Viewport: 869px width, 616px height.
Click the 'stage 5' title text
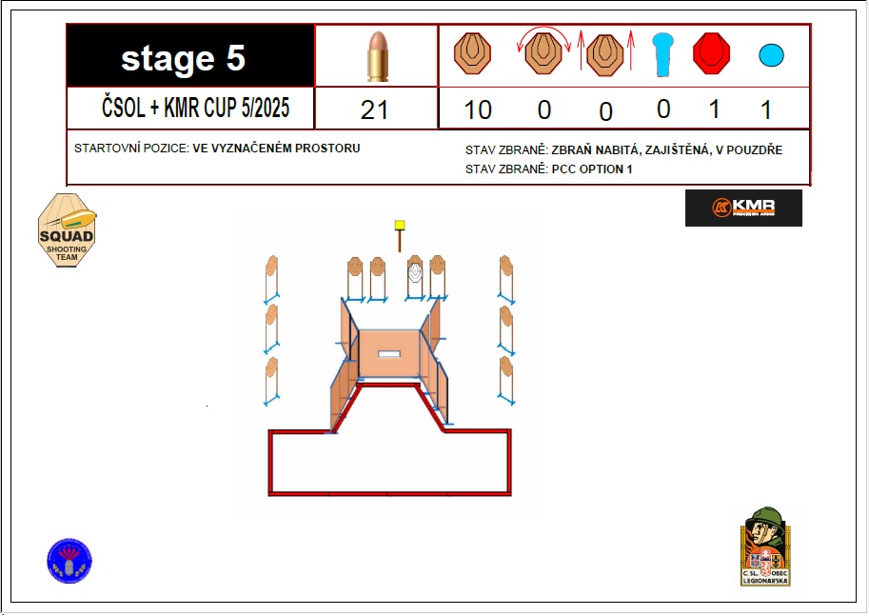(x=184, y=59)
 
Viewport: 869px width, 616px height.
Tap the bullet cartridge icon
(x=376, y=56)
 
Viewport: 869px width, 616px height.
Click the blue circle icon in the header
(x=771, y=55)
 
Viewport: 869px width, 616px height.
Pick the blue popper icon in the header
(x=662, y=54)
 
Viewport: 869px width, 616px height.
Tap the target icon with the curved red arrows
(x=543, y=54)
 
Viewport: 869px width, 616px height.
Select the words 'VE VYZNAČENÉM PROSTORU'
(x=276, y=149)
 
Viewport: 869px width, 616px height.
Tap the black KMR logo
(x=743, y=208)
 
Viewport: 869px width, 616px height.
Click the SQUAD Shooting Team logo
(x=66, y=230)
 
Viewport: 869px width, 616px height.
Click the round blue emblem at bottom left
(x=69, y=561)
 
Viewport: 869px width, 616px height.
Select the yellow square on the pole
(x=400, y=226)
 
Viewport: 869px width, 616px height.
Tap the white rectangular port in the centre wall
(x=389, y=354)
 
